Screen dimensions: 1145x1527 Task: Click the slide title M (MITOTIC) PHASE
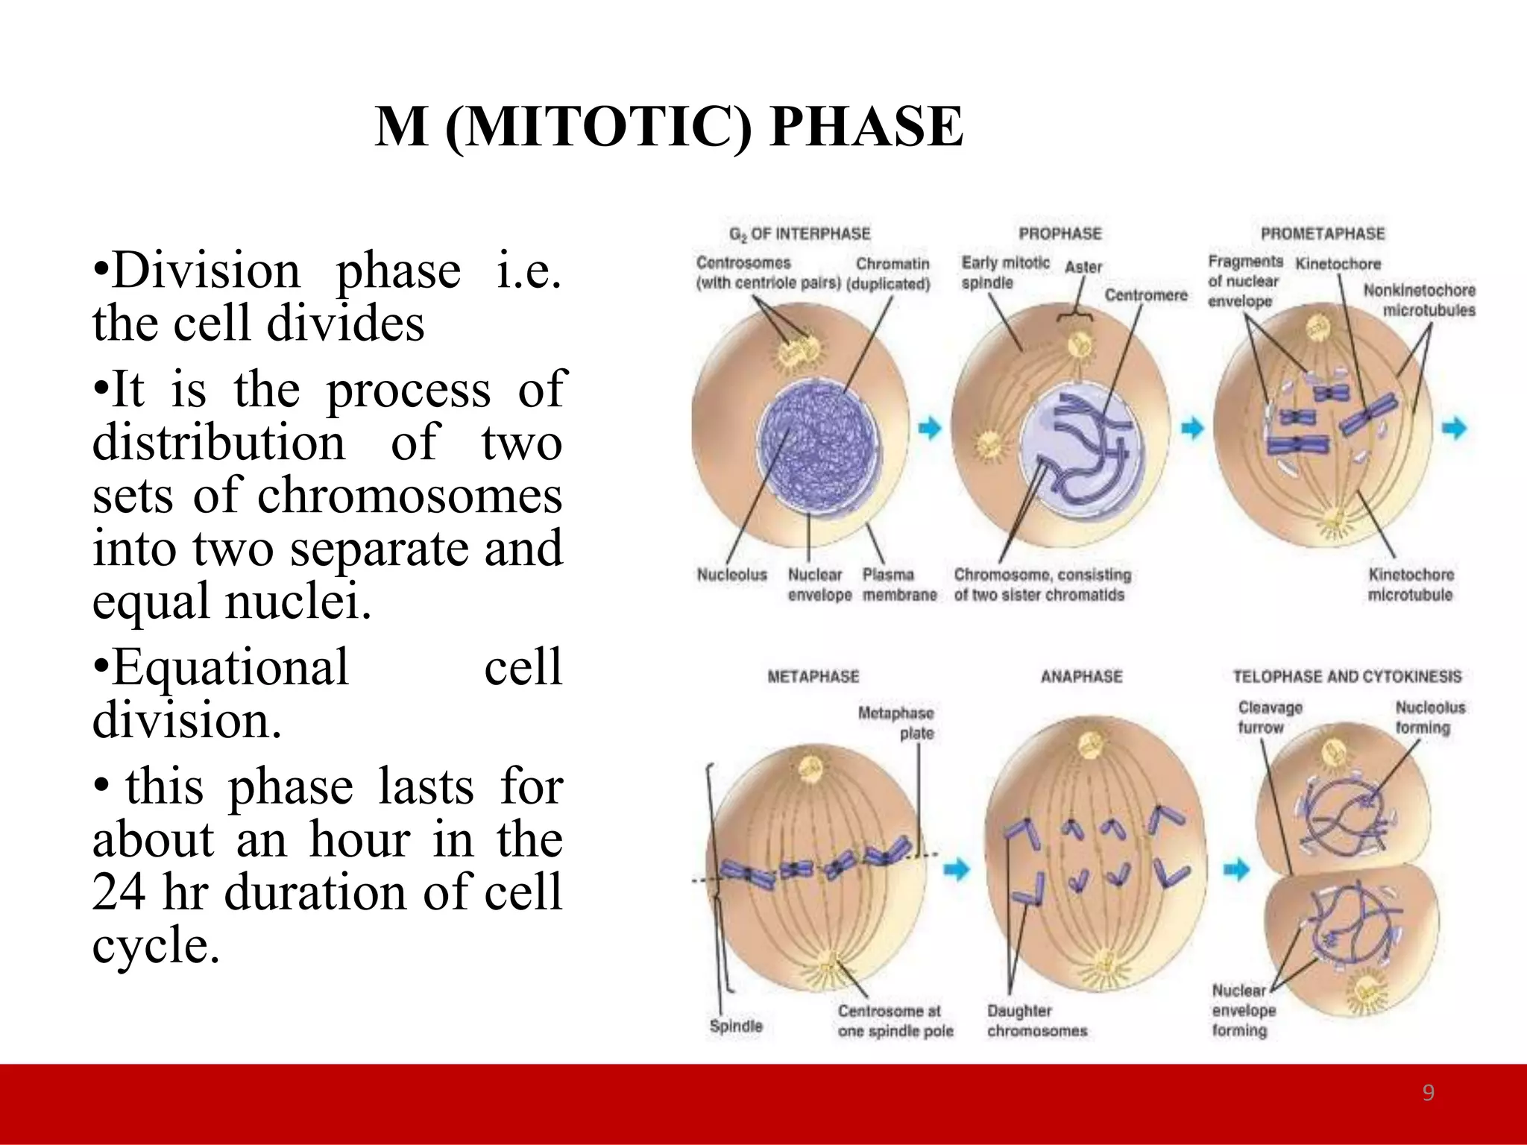pos(669,127)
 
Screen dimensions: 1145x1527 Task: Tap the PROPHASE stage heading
pos(1060,233)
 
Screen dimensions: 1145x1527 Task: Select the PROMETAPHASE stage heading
pos(1322,233)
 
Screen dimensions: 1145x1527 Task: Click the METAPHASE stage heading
pos(813,676)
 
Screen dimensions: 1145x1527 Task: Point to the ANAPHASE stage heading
pos(1081,676)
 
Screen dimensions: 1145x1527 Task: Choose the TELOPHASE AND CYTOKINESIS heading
pos(1347,676)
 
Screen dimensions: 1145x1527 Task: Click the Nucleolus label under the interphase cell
pos(731,575)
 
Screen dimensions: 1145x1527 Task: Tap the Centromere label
pos(1145,295)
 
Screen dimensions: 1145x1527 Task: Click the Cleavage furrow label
pos(1270,717)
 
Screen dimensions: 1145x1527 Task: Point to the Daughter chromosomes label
pos(1036,1021)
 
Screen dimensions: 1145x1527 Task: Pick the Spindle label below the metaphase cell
pos(736,1026)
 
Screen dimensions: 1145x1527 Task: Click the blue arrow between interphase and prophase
pos(929,428)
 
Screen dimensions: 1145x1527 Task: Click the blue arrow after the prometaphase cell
pos(1455,428)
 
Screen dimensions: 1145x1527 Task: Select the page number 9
pos(1428,1093)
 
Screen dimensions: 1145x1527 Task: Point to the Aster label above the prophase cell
pos(1083,267)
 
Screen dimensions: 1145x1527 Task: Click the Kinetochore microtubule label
pos(1410,584)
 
